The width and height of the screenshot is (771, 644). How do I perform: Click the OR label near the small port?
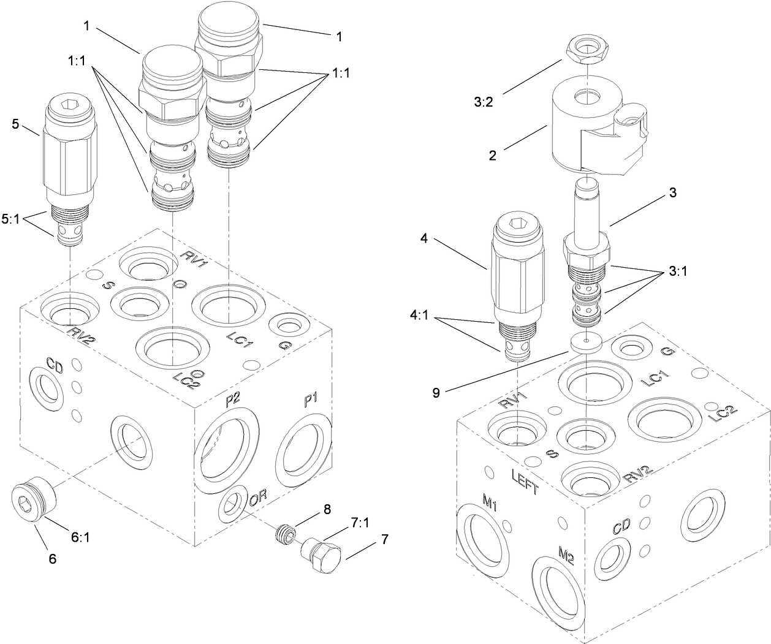[x=256, y=500]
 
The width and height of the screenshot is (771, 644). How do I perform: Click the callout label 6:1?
[x=81, y=537]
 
